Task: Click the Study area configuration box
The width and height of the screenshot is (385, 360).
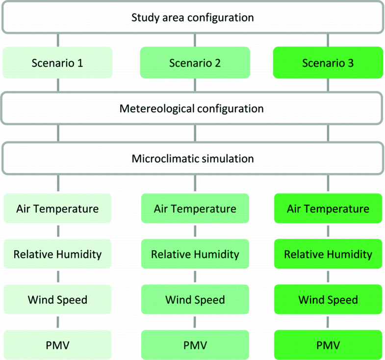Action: pyautogui.click(x=193, y=18)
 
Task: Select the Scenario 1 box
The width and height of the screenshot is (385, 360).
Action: pyautogui.click(x=57, y=63)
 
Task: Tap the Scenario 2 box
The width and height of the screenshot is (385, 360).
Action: pyautogui.click(x=195, y=63)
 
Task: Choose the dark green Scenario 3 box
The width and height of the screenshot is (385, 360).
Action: pyautogui.click(x=328, y=63)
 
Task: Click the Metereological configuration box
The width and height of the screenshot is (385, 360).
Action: pyautogui.click(x=193, y=108)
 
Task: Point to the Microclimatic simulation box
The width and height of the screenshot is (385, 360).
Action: pyautogui.click(x=193, y=158)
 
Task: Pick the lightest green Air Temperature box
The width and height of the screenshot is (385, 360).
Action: pyautogui.click(x=57, y=208)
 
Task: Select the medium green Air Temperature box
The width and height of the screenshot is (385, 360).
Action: pyautogui.click(x=195, y=208)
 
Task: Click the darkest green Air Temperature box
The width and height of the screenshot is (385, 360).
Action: pyautogui.click(x=328, y=208)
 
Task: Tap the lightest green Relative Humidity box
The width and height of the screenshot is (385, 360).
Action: pyautogui.click(x=57, y=254)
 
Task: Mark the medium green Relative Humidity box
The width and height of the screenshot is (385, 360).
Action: pyautogui.click(x=195, y=254)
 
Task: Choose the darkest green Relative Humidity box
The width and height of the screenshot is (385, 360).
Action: pyautogui.click(x=328, y=254)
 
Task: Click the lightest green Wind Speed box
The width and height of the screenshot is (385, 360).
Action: pyautogui.click(x=57, y=299)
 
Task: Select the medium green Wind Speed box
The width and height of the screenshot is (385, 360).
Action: pyautogui.click(x=195, y=299)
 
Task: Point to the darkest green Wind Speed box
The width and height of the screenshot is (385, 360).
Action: pyautogui.click(x=328, y=299)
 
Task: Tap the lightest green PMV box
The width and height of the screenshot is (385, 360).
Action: pyautogui.click(x=57, y=345)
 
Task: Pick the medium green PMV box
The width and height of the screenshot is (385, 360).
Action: pyautogui.click(x=195, y=345)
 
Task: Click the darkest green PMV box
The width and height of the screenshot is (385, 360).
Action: pyautogui.click(x=328, y=345)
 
